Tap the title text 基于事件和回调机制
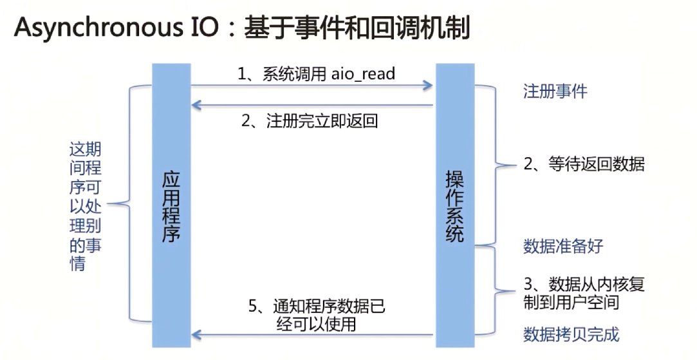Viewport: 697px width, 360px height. pyautogui.click(x=357, y=29)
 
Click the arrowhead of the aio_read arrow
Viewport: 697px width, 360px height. pyautogui.click(x=427, y=84)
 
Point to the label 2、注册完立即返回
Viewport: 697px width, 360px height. pyautogui.click(x=310, y=120)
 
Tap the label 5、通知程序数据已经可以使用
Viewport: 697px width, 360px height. pyautogui.click(x=316, y=314)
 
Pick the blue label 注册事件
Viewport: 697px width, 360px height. pyautogui.click(x=555, y=91)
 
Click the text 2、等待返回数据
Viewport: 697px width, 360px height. pyautogui.click(x=584, y=164)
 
